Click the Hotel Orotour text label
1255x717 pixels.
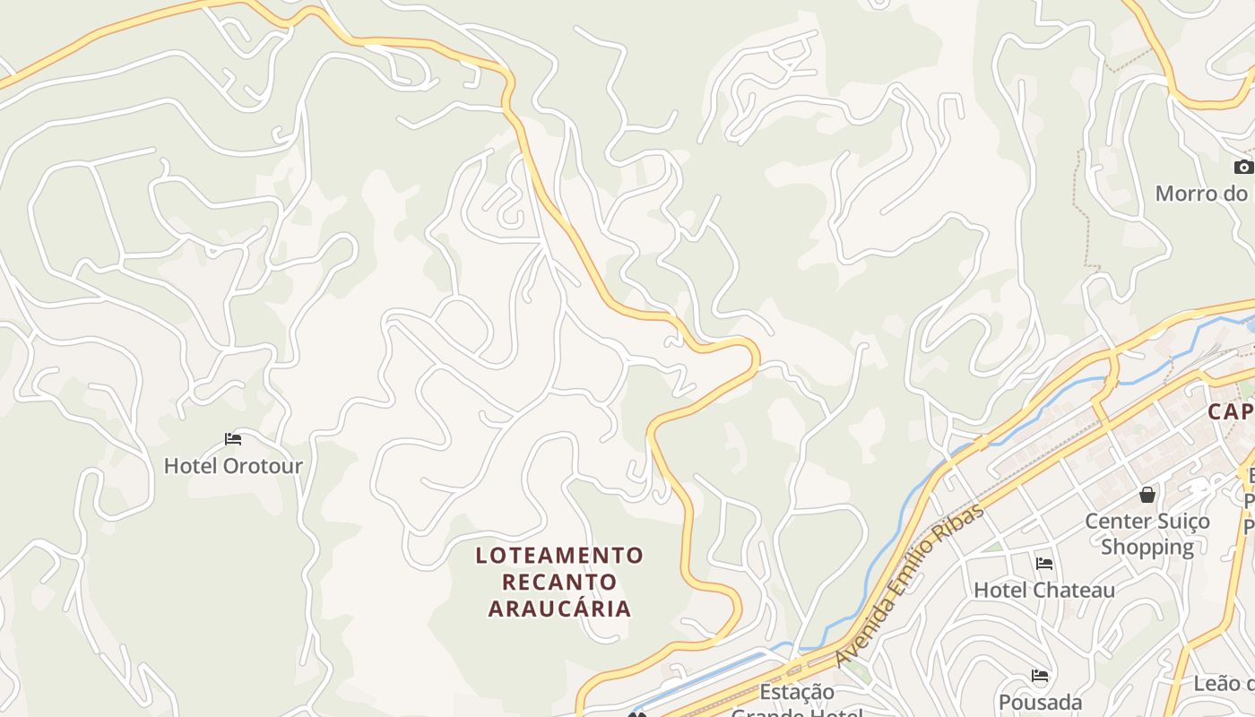pyautogui.click(x=233, y=466)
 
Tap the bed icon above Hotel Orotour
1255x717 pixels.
pyautogui.click(x=233, y=439)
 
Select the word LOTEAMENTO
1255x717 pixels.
pyautogui.click(x=559, y=556)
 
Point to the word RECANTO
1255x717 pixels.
pyautogui.click(x=559, y=583)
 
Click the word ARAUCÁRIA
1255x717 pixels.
pyautogui.click(x=559, y=609)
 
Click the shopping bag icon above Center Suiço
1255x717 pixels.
pyautogui.click(x=1147, y=495)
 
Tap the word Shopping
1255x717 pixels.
pyautogui.click(x=1147, y=547)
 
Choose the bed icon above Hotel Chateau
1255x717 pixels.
pyautogui.click(x=1044, y=564)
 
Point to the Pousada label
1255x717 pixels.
pyautogui.click(x=1040, y=702)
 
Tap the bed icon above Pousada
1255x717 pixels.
pyautogui.click(x=1040, y=676)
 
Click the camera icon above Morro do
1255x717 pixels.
pyautogui.click(x=1243, y=167)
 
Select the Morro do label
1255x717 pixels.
pyautogui.click(x=1201, y=194)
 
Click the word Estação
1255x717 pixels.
pyautogui.click(x=796, y=692)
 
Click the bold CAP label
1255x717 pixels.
pyautogui.click(x=1230, y=412)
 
